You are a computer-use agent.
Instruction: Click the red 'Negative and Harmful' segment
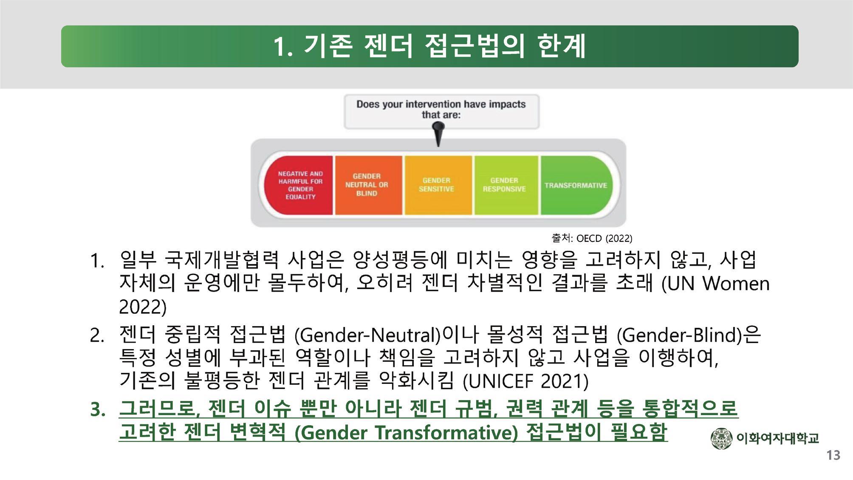click(x=299, y=185)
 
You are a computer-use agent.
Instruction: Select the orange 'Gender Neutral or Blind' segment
click(x=368, y=185)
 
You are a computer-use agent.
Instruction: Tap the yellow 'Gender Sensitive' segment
click(x=438, y=185)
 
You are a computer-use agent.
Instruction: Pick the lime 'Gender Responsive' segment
click(x=506, y=185)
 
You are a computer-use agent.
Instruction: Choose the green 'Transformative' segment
click(x=576, y=185)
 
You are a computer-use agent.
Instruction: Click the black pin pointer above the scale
click(x=438, y=134)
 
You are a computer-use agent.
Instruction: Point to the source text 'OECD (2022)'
click(x=604, y=239)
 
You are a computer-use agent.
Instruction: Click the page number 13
click(x=833, y=455)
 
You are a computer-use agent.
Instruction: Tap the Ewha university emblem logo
click(x=721, y=438)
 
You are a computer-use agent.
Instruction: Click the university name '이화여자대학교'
click(x=777, y=438)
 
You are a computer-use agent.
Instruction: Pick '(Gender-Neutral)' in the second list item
click(x=367, y=335)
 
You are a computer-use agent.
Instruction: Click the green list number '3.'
click(x=98, y=409)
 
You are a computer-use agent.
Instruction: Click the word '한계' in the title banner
click(x=562, y=46)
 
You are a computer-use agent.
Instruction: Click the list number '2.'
click(x=98, y=336)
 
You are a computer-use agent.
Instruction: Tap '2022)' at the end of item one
click(x=143, y=307)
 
